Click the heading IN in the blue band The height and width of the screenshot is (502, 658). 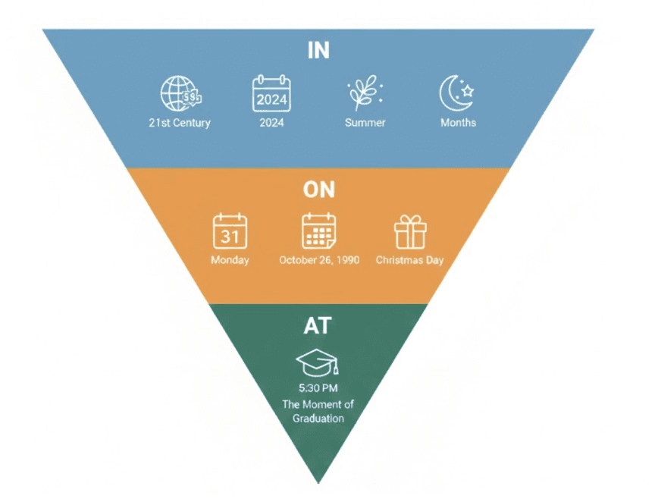[318, 50]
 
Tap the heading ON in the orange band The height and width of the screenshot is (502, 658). [318, 189]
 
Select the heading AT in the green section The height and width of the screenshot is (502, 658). [318, 327]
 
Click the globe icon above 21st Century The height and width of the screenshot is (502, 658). [180, 95]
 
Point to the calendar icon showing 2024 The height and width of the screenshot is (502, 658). [271, 95]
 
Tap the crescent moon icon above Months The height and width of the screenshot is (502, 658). [457, 95]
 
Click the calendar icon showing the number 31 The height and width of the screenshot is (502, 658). [230, 231]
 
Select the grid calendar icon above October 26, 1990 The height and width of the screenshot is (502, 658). [319, 231]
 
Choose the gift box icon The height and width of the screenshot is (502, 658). [410, 231]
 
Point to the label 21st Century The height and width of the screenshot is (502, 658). [180, 123]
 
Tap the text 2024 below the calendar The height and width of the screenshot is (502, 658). [271, 123]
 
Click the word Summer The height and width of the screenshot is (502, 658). [365, 123]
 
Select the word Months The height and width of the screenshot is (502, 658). [458, 123]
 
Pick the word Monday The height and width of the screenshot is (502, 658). [230, 260]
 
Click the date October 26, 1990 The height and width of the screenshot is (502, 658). [318, 260]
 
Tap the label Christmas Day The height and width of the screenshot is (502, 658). [410, 260]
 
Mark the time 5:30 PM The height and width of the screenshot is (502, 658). [318, 390]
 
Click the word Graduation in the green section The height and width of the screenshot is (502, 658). [318, 418]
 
